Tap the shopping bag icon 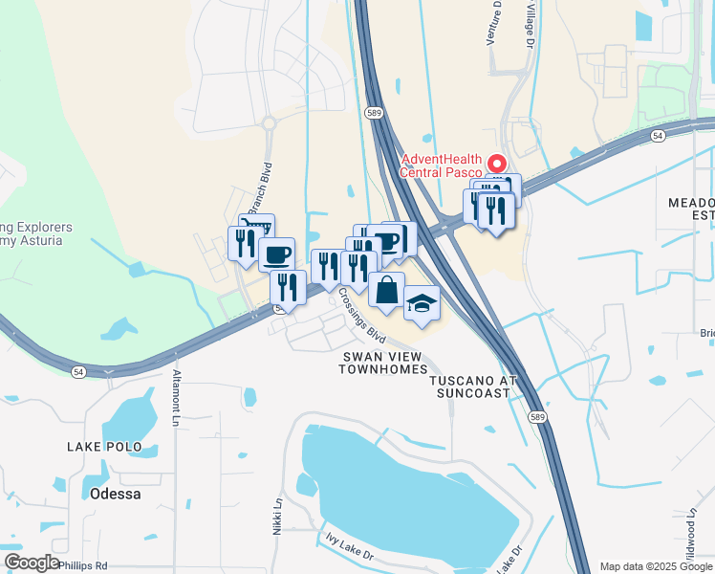[x=386, y=290]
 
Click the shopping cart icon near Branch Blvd [x=257, y=228]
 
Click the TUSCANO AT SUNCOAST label [x=472, y=386]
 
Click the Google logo [x=32, y=563]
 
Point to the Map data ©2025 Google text [x=655, y=566]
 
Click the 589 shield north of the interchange [x=375, y=112]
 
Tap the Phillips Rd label [x=82, y=566]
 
